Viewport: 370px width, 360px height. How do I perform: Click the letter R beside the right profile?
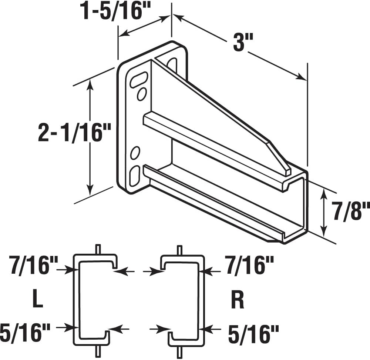pyautogui.click(x=237, y=301)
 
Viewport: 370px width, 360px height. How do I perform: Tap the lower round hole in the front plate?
pyautogui.click(x=135, y=153)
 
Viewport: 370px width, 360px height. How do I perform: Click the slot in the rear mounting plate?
pyautogui.click(x=172, y=65)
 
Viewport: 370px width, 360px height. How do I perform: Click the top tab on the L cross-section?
pyautogui.click(x=98, y=249)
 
